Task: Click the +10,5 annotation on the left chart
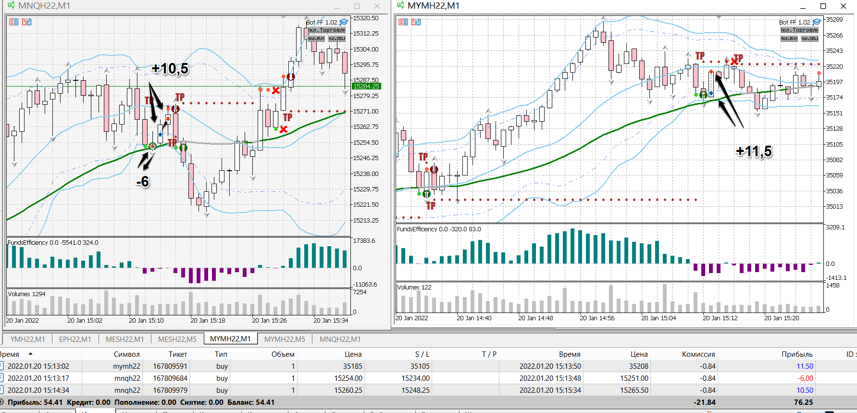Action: coord(170,69)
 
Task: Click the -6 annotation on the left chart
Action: coord(143,182)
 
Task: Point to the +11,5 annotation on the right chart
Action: coord(754,151)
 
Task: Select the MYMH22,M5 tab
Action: coord(285,339)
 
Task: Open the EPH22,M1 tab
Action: coord(75,339)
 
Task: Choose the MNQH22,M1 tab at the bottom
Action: coord(340,339)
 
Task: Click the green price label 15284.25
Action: coord(366,87)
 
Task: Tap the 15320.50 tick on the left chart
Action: coord(366,18)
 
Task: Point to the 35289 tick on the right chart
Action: coord(834,20)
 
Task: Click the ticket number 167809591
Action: coord(170,366)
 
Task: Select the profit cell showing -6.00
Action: coord(806,378)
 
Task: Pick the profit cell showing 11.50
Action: coord(805,366)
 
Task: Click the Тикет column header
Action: coord(177,354)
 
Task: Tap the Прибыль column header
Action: coord(797,354)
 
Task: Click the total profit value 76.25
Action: coord(803,402)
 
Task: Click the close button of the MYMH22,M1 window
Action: coord(843,6)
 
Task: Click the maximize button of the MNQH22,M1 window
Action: coord(357,6)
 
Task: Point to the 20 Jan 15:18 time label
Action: coord(208,321)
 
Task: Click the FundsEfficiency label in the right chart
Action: coord(417,229)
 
